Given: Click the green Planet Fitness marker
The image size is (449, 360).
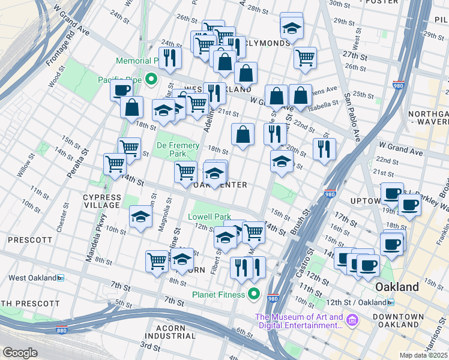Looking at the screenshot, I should coord(254,294).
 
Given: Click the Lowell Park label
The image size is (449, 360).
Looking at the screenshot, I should coord(209,217).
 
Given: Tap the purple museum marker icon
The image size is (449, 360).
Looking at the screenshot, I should coord(352,321).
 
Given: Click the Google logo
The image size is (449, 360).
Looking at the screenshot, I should coord(20,353).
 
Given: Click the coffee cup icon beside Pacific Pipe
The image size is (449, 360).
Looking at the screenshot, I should coord(121,91).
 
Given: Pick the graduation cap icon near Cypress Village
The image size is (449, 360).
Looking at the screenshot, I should coord(140,217).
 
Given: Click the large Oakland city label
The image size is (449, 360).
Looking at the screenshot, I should coord(397,287).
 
